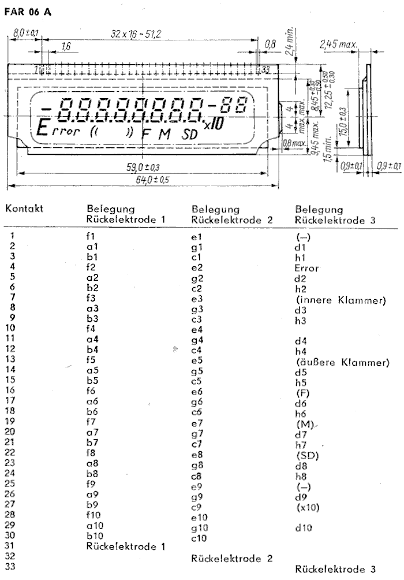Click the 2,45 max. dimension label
pyautogui.click(x=339, y=44)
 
